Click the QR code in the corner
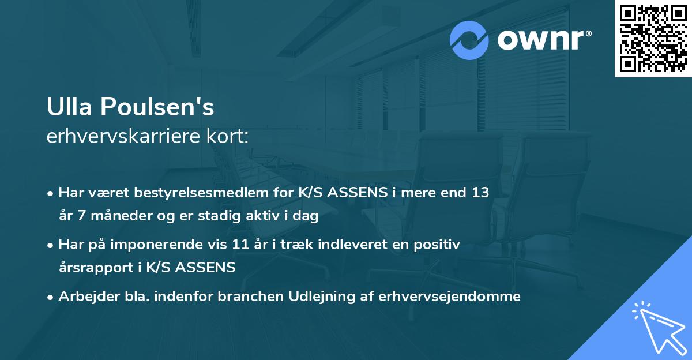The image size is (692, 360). point(653,39)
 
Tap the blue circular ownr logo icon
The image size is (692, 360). point(469,40)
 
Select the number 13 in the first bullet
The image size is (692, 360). point(480,193)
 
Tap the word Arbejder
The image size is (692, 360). point(84,297)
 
